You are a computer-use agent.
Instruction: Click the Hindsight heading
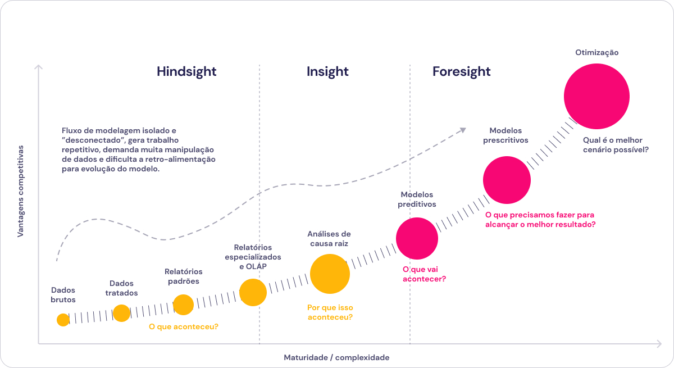[186, 71]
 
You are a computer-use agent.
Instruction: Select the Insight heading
[327, 71]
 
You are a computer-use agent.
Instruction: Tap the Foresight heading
[461, 71]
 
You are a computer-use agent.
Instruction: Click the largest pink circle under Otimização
[596, 96]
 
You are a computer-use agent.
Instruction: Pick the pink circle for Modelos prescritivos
[507, 180]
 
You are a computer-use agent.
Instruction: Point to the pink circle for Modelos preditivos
[417, 238]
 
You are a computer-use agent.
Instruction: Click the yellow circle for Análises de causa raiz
[330, 274]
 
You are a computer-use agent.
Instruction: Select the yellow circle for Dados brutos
[63, 320]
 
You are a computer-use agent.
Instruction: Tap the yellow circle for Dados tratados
[121, 314]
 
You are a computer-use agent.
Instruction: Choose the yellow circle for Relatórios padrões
[183, 305]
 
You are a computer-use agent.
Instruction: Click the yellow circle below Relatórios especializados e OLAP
[253, 293]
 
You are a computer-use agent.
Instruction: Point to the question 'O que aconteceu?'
[184, 326]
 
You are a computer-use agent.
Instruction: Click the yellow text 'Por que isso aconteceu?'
[330, 312]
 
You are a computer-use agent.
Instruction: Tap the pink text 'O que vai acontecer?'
[424, 274]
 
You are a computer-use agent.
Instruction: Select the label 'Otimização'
[597, 53]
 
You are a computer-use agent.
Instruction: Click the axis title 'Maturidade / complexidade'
[336, 357]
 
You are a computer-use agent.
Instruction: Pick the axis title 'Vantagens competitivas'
[20, 192]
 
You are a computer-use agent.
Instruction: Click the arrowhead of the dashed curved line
[463, 130]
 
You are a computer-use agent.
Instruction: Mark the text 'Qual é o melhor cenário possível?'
[616, 145]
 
